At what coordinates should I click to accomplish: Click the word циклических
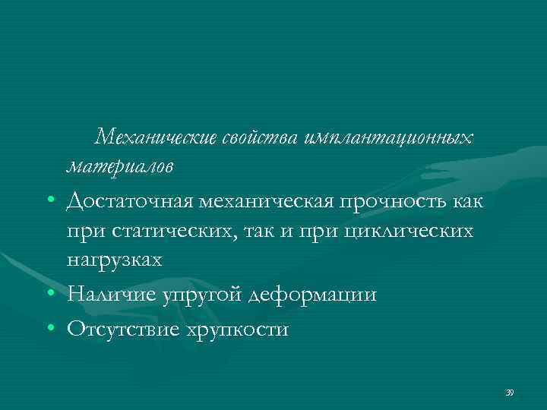point(409,231)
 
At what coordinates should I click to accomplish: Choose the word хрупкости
point(236,329)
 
